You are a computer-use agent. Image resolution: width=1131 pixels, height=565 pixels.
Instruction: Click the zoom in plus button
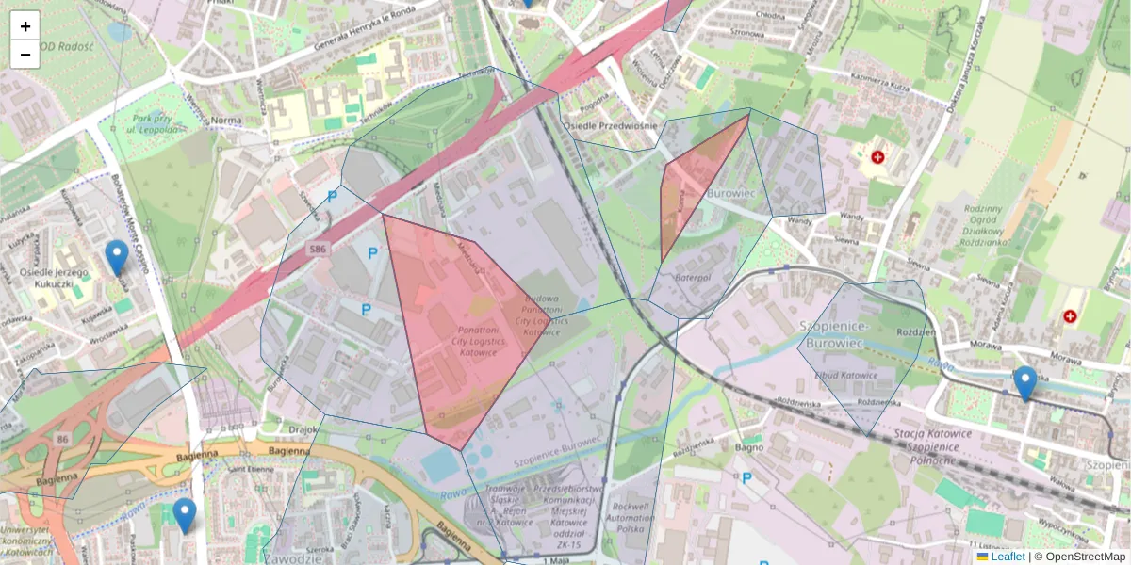click(x=25, y=26)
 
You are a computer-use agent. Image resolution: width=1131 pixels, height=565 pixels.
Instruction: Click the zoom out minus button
click(x=25, y=55)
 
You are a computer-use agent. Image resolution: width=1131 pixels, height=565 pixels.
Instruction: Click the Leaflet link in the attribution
click(x=1008, y=557)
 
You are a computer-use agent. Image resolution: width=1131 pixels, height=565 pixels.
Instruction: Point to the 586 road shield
click(x=318, y=249)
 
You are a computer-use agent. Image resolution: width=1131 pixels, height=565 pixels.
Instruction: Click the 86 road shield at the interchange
click(x=62, y=439)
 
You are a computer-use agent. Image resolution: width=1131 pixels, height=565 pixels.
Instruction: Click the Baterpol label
click(x=691, y=278)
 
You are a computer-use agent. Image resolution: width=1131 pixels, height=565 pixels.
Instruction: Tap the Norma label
click(x=226, y=121)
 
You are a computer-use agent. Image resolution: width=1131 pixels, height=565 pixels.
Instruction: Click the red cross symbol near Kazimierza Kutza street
click(x=878, y=156)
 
